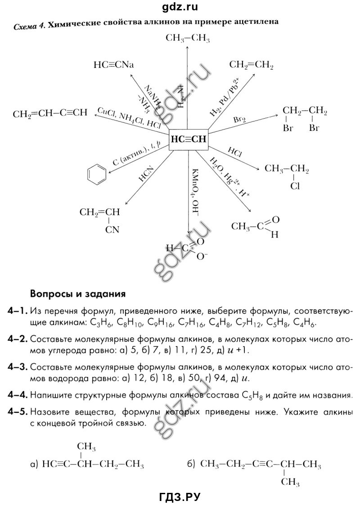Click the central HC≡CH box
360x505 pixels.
tap(188, 139)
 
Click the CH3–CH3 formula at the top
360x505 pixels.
tap(188, 39)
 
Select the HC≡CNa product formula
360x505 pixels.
tap(114, 64)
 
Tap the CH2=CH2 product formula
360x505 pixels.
tap(252, 65)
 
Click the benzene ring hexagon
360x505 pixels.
tap(97, 173)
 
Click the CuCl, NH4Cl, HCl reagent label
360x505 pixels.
tap(129, 118)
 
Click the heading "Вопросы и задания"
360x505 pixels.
tap(77, 295)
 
